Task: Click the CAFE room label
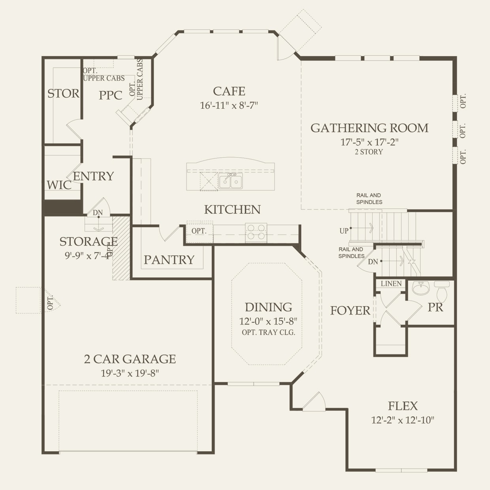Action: point(229,91)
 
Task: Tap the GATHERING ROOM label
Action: point(369,128)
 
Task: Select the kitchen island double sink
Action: point(231,182)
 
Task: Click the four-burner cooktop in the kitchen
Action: point(256,232)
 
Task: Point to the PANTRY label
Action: point(169,260)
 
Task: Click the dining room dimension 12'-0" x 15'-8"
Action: point(268,321)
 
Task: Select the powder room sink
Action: point(422,288)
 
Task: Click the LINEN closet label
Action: point(391,284)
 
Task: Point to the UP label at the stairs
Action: point(344,231)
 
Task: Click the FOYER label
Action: point(350,311)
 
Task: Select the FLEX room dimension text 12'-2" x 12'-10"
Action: point(402,420)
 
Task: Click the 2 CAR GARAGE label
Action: point(130,359)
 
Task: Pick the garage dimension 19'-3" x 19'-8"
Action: point(130,373)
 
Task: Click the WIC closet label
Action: point(59,185)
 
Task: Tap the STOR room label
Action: point(63,94)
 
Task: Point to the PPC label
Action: point(110,95)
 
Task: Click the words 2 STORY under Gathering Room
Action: point(369,152)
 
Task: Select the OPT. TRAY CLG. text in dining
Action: point(268,332)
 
